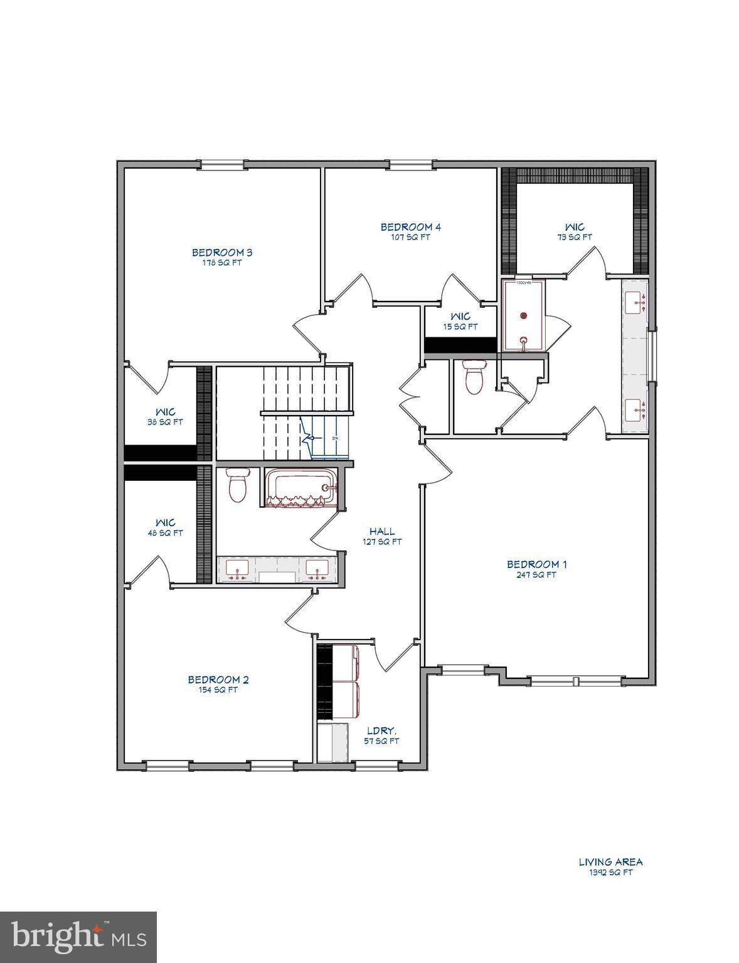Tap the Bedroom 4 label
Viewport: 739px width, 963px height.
pos(410,227)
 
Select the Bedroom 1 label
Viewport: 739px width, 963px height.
pos(531,564)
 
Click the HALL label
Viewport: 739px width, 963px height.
pos(381,532)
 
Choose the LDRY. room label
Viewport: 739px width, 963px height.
pos(382,731)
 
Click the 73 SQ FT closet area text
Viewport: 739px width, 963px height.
pos(574,238)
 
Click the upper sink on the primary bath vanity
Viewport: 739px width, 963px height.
pos(637,303)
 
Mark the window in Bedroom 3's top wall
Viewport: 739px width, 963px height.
pos(221,165)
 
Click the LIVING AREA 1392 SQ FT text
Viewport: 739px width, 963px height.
pos(610,867)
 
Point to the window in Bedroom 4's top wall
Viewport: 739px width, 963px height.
pos(410,165)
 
